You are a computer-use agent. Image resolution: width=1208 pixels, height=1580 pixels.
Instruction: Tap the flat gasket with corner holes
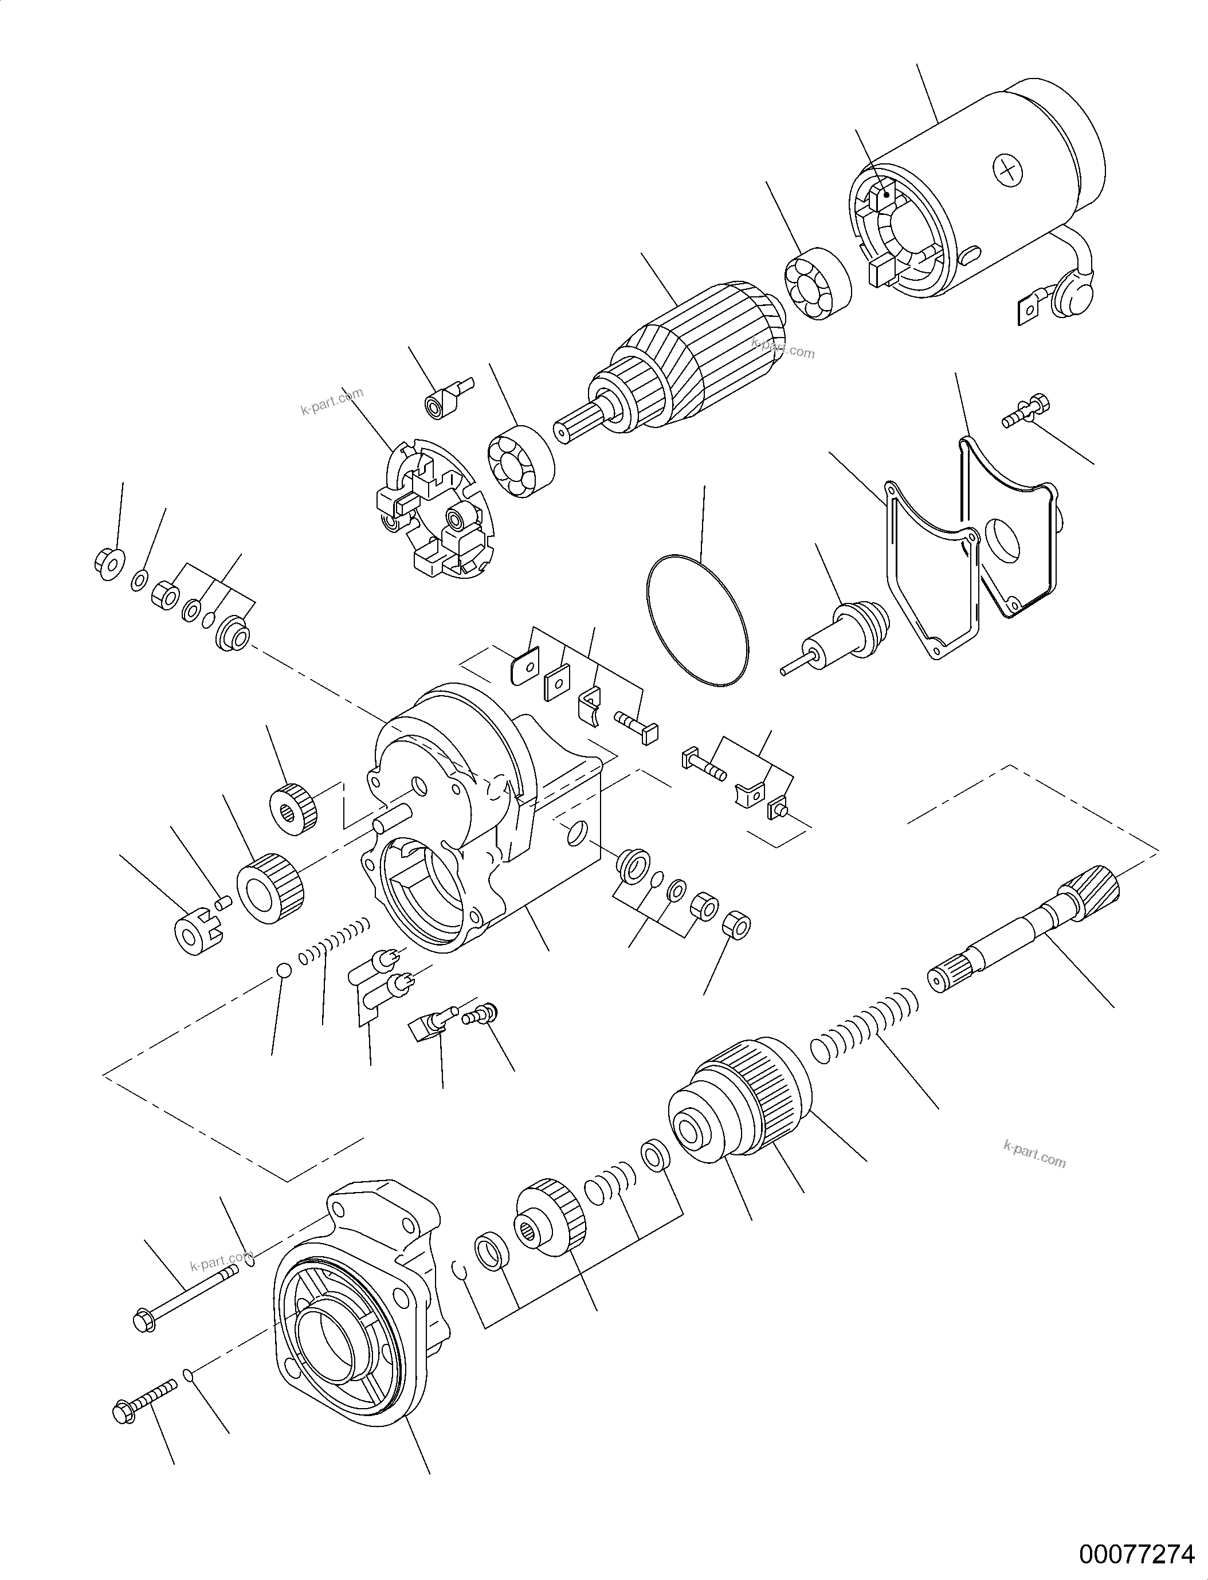931,568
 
